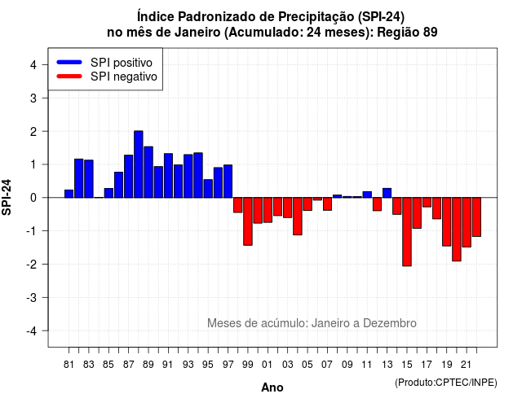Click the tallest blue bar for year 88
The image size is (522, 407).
point(139,164)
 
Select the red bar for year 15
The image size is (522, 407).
point(407,231)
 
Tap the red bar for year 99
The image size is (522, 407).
point(248,221)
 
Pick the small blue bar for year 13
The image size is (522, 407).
point(387,193)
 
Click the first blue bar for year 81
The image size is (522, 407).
point(69,194)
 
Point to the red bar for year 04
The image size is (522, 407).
point(298,217)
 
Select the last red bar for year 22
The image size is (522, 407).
point(476,217)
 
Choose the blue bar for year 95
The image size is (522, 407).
point(208,188)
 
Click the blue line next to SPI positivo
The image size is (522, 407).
point(69,62)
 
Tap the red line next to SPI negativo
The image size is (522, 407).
point(69,76)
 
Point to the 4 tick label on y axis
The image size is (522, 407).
point(33,65)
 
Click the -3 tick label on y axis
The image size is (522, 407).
point(32,297)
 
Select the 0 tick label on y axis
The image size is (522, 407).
point(33,198)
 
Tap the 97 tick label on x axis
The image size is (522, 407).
point(228,365)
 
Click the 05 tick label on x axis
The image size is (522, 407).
point(307,365)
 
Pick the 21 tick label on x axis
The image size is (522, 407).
point(466,365)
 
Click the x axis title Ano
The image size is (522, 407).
point(272,387)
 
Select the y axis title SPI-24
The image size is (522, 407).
point(7,197)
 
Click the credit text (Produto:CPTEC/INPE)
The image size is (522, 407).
point(446,383)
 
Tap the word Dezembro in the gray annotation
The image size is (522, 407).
point(390,323)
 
